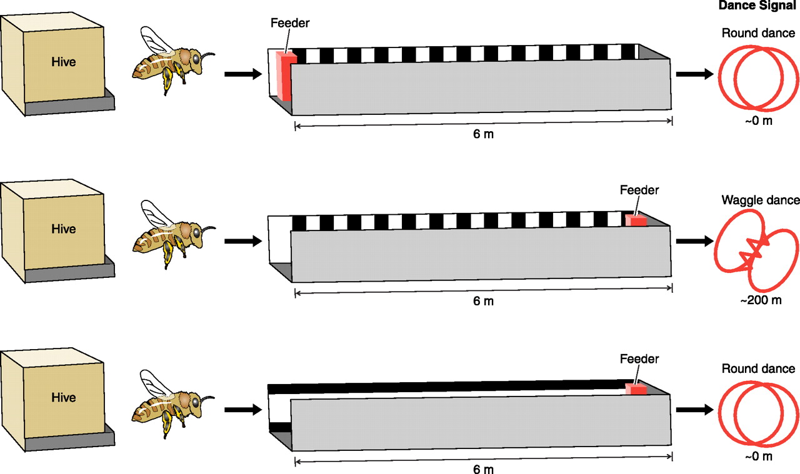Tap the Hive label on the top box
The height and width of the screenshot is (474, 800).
(x=64, y=62)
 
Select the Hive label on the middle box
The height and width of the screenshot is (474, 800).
(x=64, y=229)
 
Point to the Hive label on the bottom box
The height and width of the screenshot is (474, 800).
(x=64, y=397)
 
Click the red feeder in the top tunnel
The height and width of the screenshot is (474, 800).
(x=286, y=76)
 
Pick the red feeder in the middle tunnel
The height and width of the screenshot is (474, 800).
(x=637, y=220)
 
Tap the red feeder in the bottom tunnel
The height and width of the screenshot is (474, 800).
(x=637, y=389)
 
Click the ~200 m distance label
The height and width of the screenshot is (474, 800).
(x=761, y=300)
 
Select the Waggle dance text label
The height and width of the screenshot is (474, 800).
(x=760, y=200)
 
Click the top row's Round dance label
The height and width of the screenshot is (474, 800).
(x=758, y=34)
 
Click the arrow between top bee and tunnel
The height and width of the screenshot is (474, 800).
(x=242, y=74)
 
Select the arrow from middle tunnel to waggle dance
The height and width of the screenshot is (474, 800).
(x=694, y=241)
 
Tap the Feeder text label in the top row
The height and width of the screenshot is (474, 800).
(x=290, y=24)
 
